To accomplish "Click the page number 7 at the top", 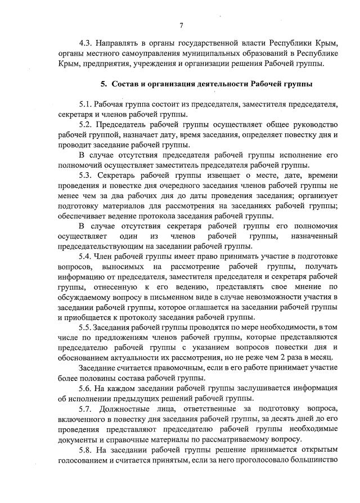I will coord(181,25).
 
